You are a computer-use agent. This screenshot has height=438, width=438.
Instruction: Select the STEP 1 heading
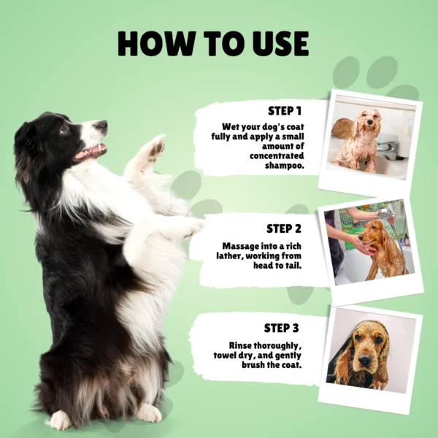285,111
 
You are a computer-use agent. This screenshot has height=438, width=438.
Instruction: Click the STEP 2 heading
284,228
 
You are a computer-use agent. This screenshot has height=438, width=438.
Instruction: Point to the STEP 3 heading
282,328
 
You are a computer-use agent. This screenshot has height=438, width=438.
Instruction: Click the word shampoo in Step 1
285,166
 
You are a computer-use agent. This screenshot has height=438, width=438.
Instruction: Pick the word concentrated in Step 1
277,156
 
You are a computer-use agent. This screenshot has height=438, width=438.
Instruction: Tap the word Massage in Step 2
240,246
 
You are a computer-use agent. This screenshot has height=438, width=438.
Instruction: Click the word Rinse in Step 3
240,345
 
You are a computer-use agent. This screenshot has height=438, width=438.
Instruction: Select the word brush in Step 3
253,365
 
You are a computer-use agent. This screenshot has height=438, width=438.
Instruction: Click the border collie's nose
101,125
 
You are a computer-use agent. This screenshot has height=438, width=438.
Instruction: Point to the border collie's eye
64,129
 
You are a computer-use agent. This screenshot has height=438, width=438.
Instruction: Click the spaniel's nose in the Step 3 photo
364,361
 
